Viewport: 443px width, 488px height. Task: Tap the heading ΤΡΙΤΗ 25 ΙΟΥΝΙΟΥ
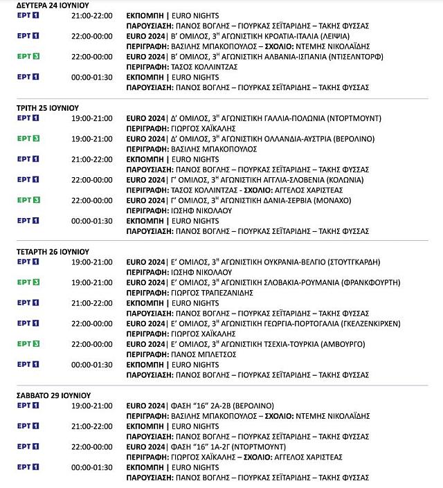[47, 108]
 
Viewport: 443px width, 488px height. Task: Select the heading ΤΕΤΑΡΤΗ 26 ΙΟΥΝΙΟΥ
[53, 251]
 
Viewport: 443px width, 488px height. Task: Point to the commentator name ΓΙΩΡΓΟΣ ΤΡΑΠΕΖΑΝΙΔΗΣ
[212, 293]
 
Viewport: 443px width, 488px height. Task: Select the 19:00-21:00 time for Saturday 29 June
[92, 406]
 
